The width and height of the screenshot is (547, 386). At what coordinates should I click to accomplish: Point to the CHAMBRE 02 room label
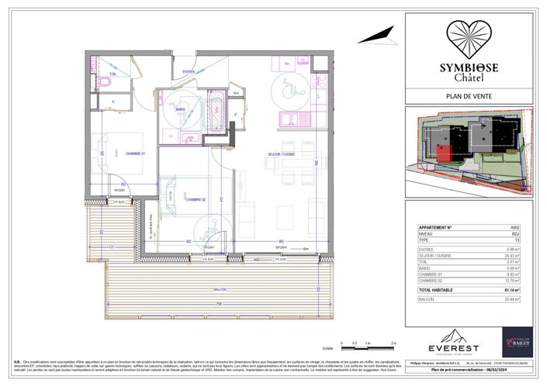pyautogui.click(x=195, y=199)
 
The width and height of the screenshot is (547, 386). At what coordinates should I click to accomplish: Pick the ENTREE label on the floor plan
pyautogui.click(x=188, y=72)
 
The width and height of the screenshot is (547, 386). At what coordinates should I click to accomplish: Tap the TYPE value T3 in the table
pyautogui.click(x=528, y=241)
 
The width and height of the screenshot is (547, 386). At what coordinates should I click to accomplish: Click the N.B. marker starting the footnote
pyautogui.click(x=16, y=362)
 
